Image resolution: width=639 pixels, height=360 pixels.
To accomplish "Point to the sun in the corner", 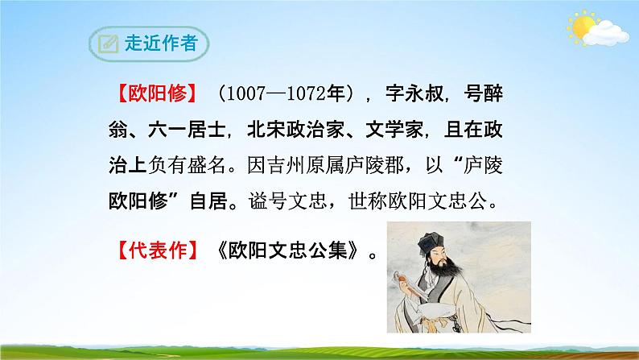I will click(580, 27).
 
